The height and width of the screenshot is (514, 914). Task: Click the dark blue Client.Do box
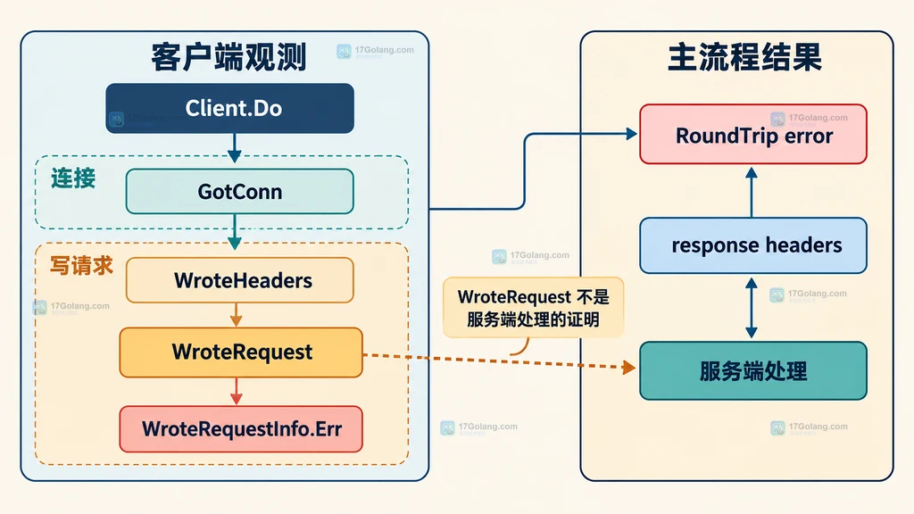[x=229, y=108]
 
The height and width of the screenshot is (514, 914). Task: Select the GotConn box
[x=239, y=191]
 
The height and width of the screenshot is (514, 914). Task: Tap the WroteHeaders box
[x=239, y=280]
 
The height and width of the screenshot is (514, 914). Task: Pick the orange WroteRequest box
[x=241, y=352]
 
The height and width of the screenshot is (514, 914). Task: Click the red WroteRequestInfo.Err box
[x=241, y=429]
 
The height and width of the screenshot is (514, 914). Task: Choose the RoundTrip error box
[x=753, y=134]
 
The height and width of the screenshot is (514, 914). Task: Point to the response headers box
[x=753, y=245]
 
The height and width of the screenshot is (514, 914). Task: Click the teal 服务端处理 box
[x=753, y=370]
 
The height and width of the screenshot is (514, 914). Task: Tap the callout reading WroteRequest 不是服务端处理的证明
[x=534, y=308]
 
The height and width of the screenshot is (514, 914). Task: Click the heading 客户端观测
[x=228, y=57]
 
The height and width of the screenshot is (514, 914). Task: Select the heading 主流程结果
[x=744, y=57]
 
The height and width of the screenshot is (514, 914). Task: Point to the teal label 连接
[x=73, y=178]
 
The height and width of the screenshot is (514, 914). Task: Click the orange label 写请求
[x=81, y=266]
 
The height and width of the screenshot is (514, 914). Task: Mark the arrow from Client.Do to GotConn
[x=235, y=148]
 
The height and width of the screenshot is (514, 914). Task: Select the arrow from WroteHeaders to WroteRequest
[x=236, y=315]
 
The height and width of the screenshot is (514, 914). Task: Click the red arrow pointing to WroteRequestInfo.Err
[x=236, y=391]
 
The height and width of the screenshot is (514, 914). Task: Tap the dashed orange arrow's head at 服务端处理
[x=629, y=367]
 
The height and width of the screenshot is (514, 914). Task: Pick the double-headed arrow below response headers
[x=752, y=308]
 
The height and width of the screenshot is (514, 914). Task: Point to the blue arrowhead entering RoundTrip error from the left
[x=631, y=134]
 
